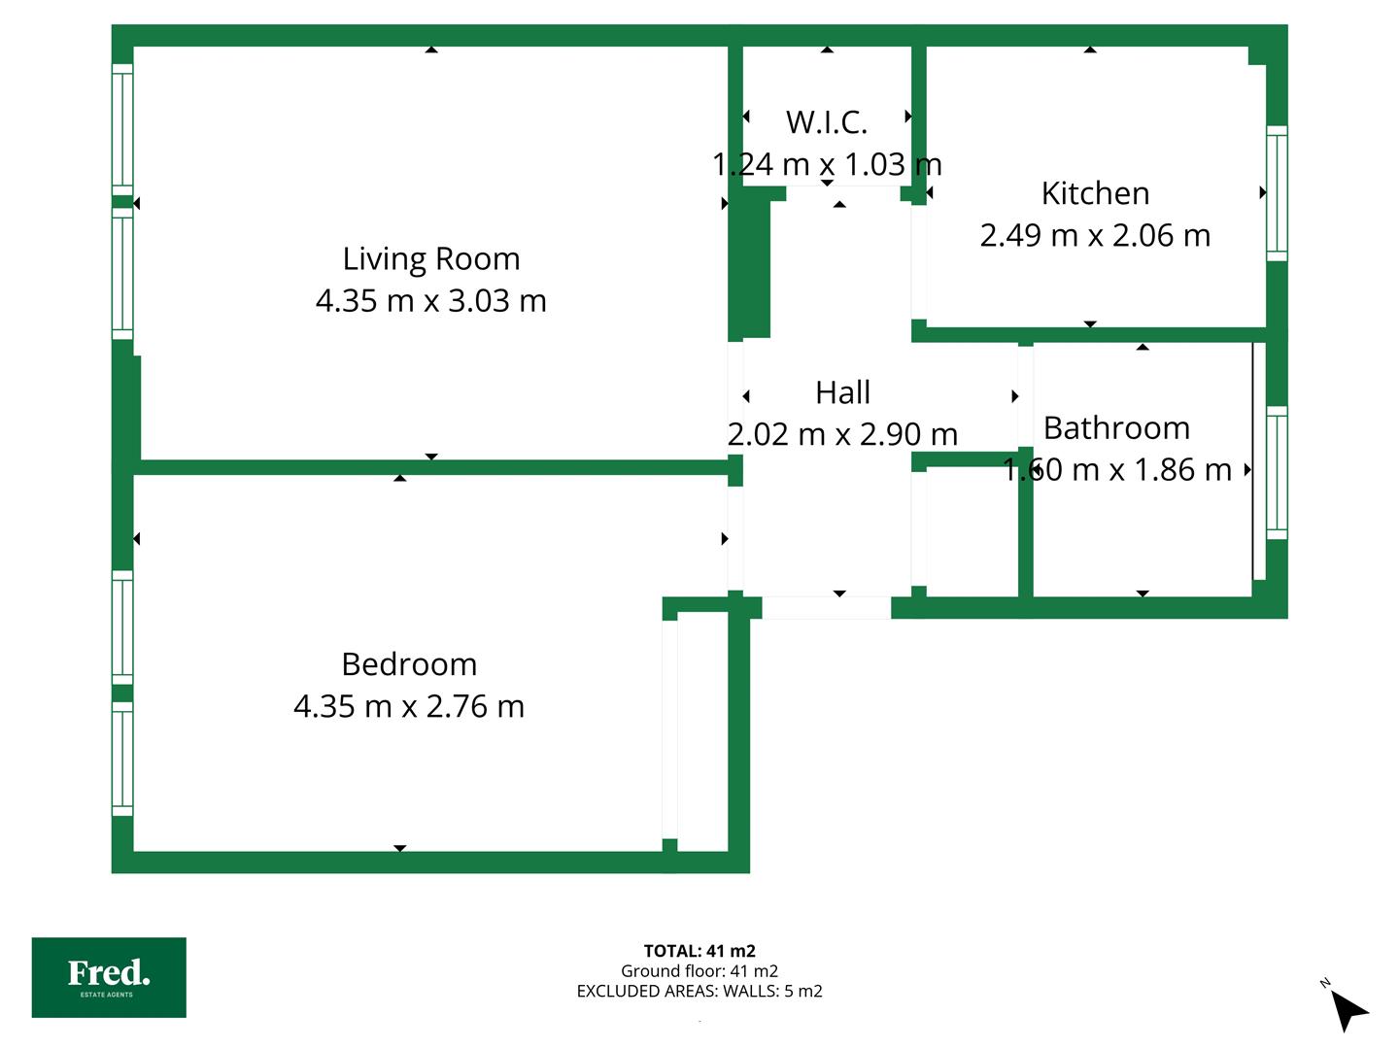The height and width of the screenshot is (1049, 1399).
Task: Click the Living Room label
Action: tap(430, 258)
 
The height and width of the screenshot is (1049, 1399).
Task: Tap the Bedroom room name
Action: tap(409, 664)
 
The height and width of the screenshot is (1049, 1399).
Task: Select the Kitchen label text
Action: tap(1095, 193)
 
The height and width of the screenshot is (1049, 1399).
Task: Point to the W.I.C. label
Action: tap(827, 122)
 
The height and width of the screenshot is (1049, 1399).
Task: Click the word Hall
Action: tap(842, 392)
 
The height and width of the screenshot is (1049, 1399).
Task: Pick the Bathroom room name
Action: tap(1116, 428)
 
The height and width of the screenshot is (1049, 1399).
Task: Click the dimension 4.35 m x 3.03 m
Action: tap(430, 301)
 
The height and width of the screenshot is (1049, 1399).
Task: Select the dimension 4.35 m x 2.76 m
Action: tap(409, 706)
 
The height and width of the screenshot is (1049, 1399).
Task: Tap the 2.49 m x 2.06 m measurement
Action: tap(1095, 235)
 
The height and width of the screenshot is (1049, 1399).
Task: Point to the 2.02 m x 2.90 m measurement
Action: tap(842, 434)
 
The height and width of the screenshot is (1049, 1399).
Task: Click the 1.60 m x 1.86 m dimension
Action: tap(1116, 470)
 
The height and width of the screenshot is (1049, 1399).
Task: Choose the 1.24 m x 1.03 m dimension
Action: tap(827, 164)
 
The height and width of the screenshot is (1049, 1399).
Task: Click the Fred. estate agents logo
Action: tap(109, 977)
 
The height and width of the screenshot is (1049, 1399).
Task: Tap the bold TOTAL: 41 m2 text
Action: tap(699, 951)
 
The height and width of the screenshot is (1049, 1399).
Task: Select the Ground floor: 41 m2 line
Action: tap(699, 970)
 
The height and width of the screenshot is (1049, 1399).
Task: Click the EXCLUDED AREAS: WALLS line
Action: tap(699, 991)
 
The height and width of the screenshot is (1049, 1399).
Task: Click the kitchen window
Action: tap(1277, 193)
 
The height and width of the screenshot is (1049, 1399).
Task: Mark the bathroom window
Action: tap(1277, 473)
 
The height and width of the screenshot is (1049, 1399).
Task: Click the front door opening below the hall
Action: tap(826, 608)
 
